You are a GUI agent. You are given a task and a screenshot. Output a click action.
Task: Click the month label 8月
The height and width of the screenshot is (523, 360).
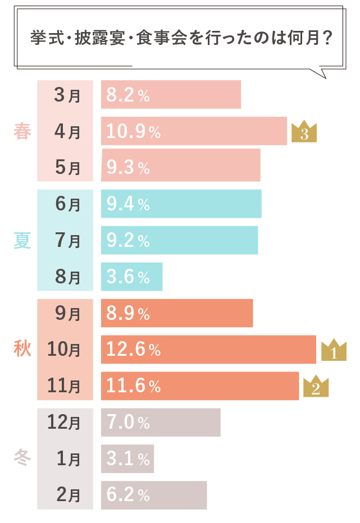[67, 277]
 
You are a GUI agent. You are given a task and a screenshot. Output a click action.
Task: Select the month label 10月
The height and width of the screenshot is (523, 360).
[63, 350]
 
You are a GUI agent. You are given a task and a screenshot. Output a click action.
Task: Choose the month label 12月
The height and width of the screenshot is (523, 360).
[63, 423]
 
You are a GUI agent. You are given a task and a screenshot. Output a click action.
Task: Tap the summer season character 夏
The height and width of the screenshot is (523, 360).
[22, 241]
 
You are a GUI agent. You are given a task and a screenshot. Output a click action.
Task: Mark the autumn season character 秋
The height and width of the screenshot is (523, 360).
[22, 350]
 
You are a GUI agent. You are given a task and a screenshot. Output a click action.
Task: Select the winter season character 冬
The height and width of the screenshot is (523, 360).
[22, 459]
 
